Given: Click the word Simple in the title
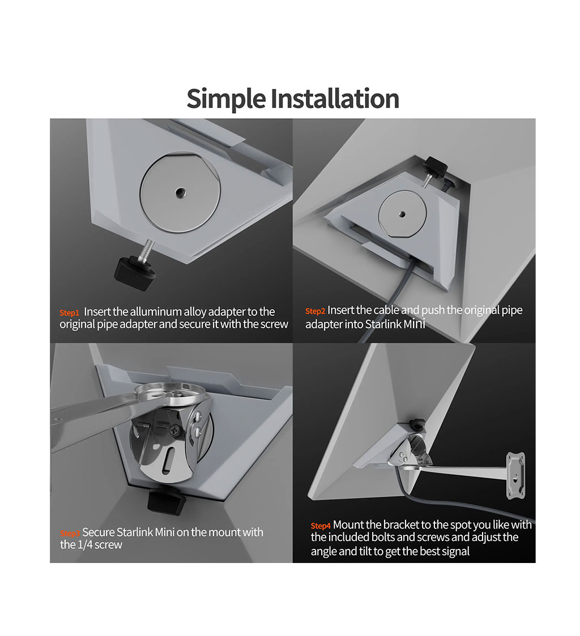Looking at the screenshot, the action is (226, 99).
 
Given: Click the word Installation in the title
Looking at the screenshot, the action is (335, 98).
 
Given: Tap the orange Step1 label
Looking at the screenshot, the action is (69, 313).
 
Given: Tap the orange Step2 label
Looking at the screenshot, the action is (315, 311).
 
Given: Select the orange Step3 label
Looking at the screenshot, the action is (70, 533).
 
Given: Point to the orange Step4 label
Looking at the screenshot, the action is (321, 526).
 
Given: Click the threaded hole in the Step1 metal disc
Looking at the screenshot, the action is (178, 193).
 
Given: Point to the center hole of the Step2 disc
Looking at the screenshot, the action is (402, 214).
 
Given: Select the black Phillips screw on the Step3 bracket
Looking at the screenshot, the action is (175, 429).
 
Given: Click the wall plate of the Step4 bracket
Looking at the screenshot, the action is (516, 475).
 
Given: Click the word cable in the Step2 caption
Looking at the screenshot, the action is (386, 310).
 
